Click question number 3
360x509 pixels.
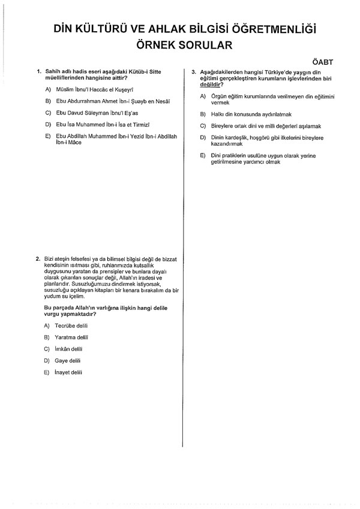pos(193,72)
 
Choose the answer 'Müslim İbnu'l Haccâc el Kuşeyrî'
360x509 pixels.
pos(92,89)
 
